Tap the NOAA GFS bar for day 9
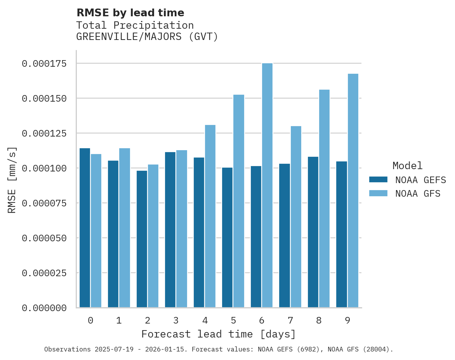click(x=353, y=190)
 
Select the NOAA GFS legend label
click(x=418, y=194)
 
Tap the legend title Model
click(x=407, y=166)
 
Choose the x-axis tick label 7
click(x=290, y=320)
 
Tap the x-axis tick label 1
click(x=119, y=320)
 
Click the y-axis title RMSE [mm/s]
click(x=12, y=180)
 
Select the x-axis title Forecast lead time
click(x=218, y=334)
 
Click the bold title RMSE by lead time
click(x=130, y=13)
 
